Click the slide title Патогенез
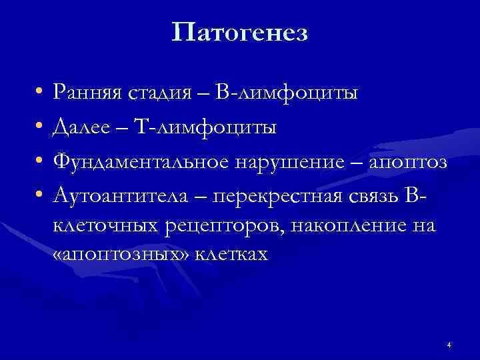239,32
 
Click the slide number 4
449,345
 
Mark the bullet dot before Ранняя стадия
40,92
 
